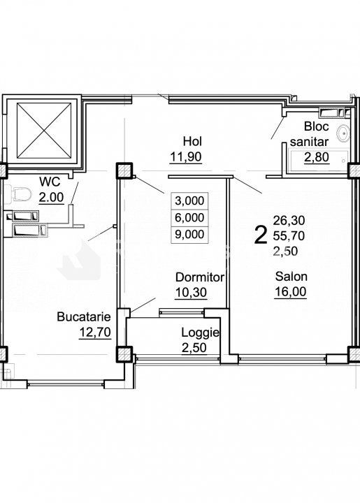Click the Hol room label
[x=192, y=141]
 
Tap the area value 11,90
[x=186, y=157]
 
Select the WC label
[x=50, y=182]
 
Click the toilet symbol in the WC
[x=20, y=194]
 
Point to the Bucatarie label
[x=84, y=316]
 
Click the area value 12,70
[x=95, y=333]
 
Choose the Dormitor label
[x=200, y=277]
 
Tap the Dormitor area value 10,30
[x=192, y=293]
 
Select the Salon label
[x=291, y=276]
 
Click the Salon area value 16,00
[x=290, y=292]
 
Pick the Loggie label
[x=200, y=333]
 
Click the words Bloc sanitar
[x=310, y=133]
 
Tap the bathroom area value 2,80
[x=317, y=157]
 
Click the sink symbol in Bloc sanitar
[x=343, y=133]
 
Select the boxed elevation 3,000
[x=189, y=201]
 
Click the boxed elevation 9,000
[x=189, y=234]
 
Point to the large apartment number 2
[x=261, y=235]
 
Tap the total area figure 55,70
[x=289, y=236]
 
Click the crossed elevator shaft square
[x=44, y=131]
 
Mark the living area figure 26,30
[x=289, y=220]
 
